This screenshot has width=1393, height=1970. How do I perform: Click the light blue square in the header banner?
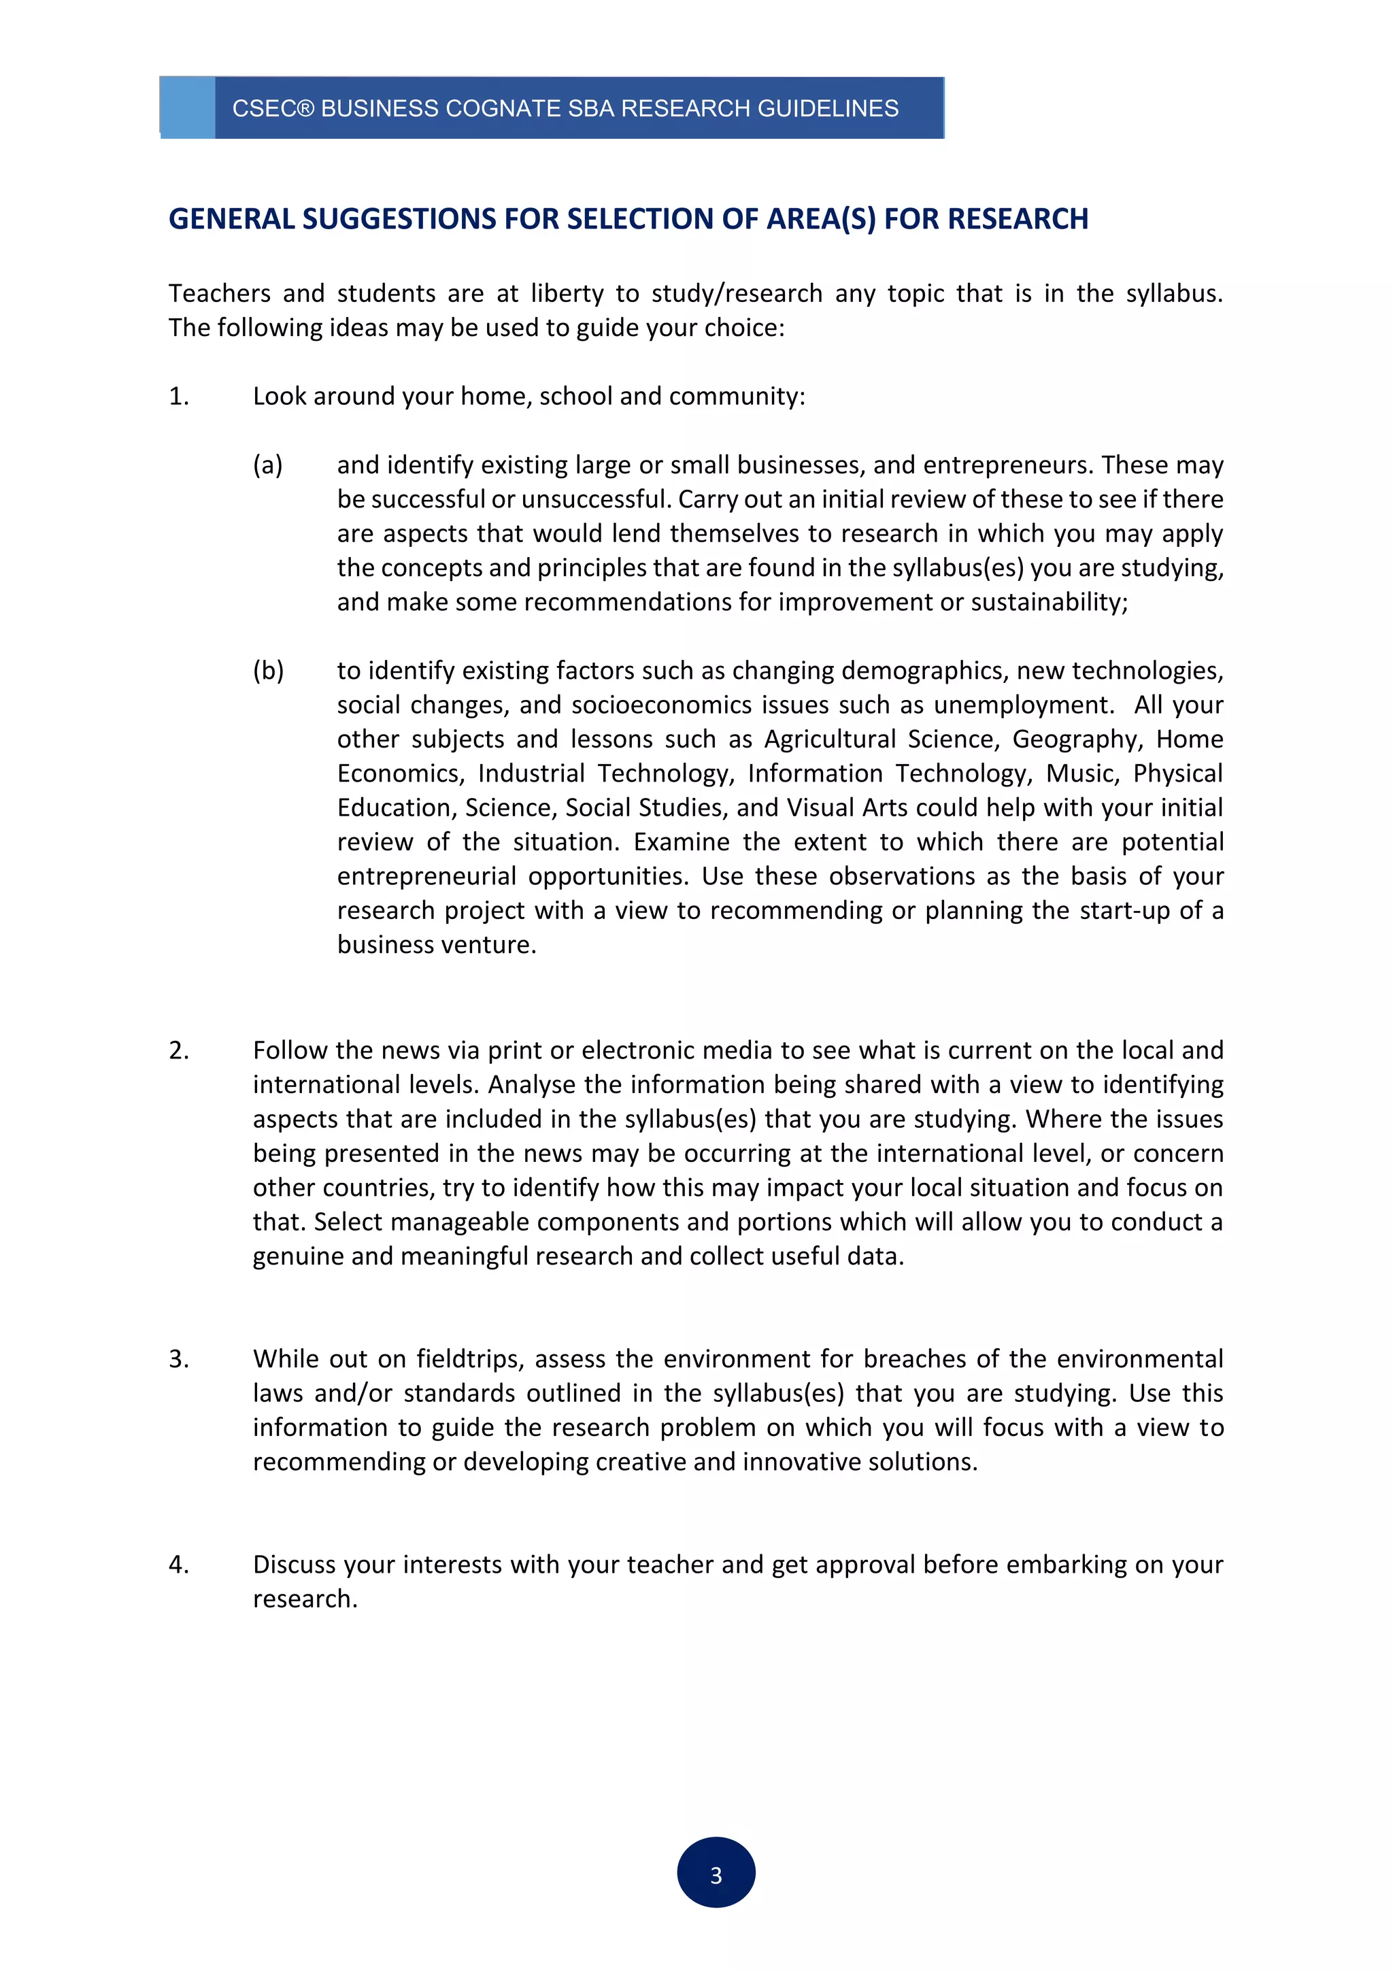point(187,107)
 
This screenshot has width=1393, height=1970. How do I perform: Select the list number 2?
point(178,1050)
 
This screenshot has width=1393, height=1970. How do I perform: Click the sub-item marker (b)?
point(267,670)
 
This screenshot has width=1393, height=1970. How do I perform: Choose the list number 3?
point(178,1359)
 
